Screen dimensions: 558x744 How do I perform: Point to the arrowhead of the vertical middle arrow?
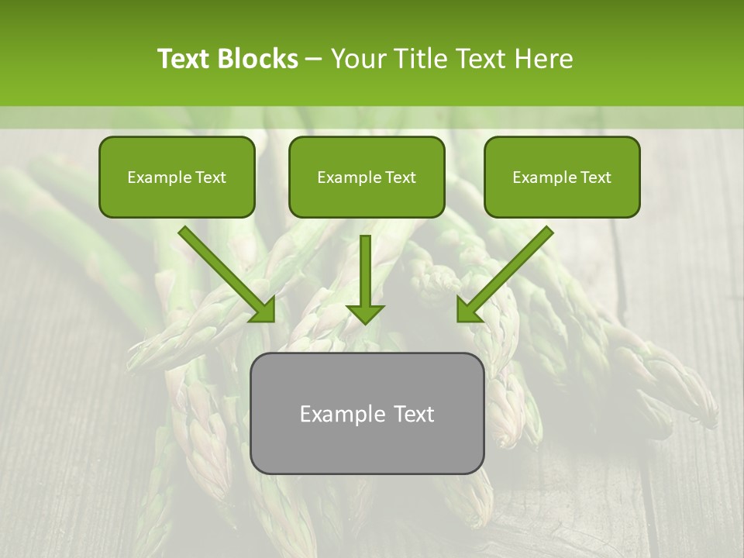[365, 314]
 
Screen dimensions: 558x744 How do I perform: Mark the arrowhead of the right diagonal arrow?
[467, 312]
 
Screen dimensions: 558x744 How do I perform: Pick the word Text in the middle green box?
[400, 177]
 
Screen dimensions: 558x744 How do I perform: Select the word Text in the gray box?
[415, 414]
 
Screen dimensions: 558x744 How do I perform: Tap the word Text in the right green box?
[595, 177]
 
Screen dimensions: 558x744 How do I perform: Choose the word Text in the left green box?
[210, 177]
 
